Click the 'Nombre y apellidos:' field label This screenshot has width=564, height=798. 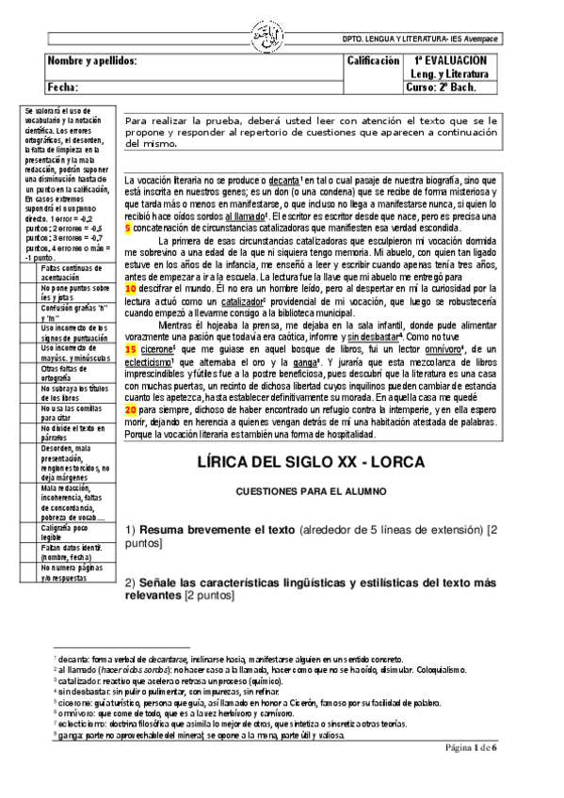[92, 60]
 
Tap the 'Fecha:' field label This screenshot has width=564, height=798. [62, 87]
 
